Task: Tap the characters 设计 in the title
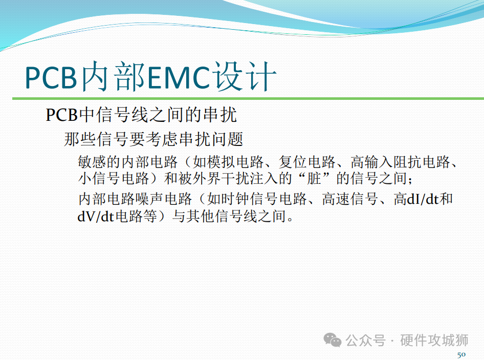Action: coord(245,76)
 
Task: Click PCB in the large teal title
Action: coord(51,77)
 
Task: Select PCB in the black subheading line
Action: coord(62,115)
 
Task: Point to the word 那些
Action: coord(80,139)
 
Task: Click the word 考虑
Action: coord(162,139)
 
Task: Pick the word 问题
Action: coord(228,139)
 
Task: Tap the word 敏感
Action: coord(92,162)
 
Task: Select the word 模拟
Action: coord(222,162)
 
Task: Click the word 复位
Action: coord(293,162)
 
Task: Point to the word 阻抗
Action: coord(407,162)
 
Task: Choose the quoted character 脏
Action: coord(314,179)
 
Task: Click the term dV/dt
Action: coord(96,216)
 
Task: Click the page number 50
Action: coord(461,354)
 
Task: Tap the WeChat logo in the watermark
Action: coord(333,340)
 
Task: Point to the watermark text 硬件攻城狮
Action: coord(434,340)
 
